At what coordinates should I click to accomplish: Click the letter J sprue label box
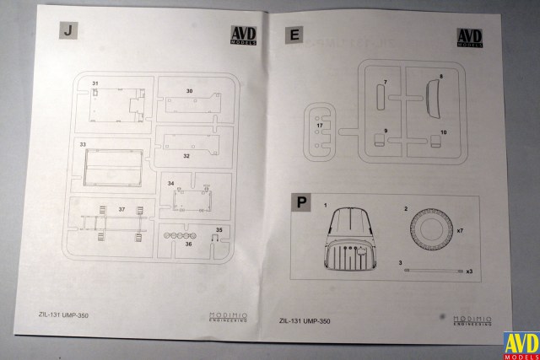point(67,30)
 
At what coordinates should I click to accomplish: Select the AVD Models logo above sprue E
point(469,38)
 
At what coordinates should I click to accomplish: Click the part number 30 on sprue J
point(189,90)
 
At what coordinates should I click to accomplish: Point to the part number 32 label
point(186,155)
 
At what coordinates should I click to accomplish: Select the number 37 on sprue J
point(121,208)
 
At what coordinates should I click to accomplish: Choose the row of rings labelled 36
point(180,235)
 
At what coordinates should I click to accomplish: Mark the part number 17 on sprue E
point(320,126)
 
